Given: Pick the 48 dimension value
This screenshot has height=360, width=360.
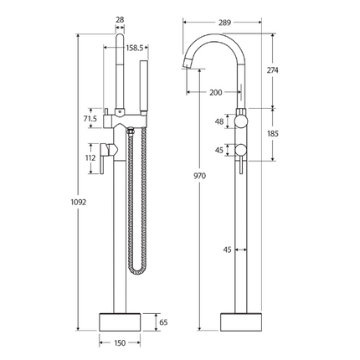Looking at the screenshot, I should coord(219,121).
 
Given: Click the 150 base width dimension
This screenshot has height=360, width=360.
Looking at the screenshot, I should coord(121,342).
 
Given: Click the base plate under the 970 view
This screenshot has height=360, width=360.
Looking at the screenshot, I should coord(243,321).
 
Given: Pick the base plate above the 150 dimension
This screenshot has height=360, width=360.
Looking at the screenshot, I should coord(122,321).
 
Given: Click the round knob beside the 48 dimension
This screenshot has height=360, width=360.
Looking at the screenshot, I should coord(243,121).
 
